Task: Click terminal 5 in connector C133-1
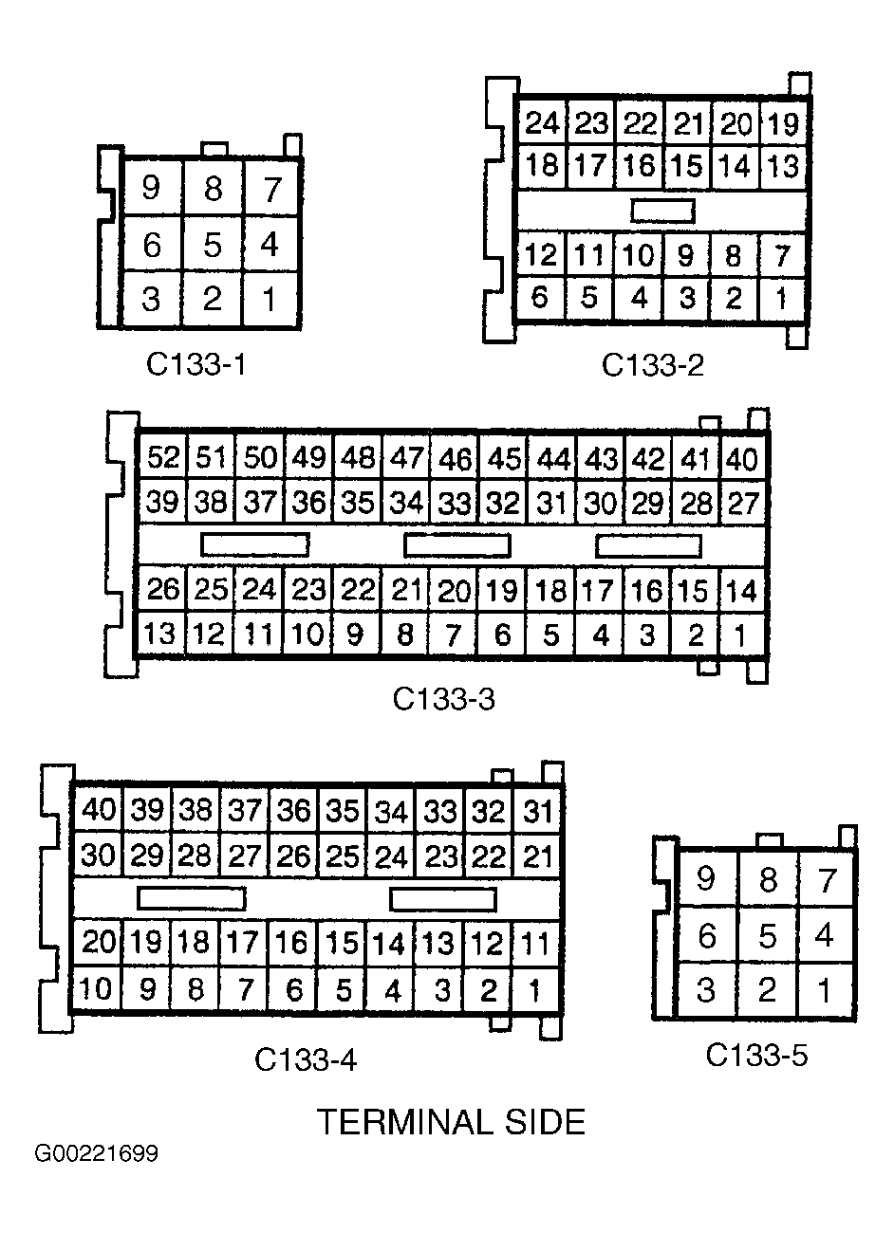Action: (x=212, y=245)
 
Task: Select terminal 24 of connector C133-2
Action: (x=541, y=123)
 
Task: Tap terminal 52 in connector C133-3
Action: (x=163, y=458)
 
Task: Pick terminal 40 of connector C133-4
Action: (x=98, y=811)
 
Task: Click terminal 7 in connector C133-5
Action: (x=827, y=880)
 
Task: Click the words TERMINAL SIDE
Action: (x=451, y=1123)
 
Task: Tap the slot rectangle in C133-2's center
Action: (x=662, y=211)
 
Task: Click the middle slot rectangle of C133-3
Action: (x=456, y=545)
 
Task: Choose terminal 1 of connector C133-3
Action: (x=741, y=634)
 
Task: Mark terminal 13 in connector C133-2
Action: (x=783, y=166)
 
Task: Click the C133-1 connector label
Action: (x=196, y=364)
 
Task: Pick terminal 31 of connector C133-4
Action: (x=538, y=811)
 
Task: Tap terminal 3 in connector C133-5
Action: (x=705, y=990)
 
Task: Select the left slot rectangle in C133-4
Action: (x=191, y=897)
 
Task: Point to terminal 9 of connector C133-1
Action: (x=150, y=189)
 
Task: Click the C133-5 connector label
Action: (x=756, y=1055)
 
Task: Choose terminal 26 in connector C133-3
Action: (x=163, y=590)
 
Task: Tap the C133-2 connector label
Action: (x=653, y=364)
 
